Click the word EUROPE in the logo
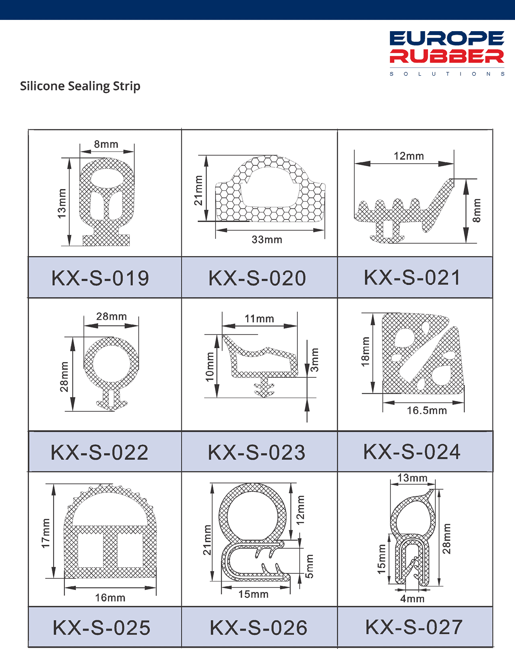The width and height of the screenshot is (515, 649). pyautogui.click(x=447, y=39)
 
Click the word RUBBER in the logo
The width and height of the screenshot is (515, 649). pyautogui.click(x=447, y=56)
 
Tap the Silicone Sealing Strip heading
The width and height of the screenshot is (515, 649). pyautogui.click(x=80, y=86)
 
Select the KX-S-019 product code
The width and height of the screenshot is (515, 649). pyautogui.click(x=100, y=278)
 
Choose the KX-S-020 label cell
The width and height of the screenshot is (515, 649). pyautogui.click(x=260, y=277)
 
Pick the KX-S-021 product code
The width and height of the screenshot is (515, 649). pyautogui.click(x=412, y=277)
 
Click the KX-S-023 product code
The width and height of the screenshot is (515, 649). pyautogui.click(x=257, y=453)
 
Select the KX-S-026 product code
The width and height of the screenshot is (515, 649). pyautogui.click(x=258, y=628)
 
